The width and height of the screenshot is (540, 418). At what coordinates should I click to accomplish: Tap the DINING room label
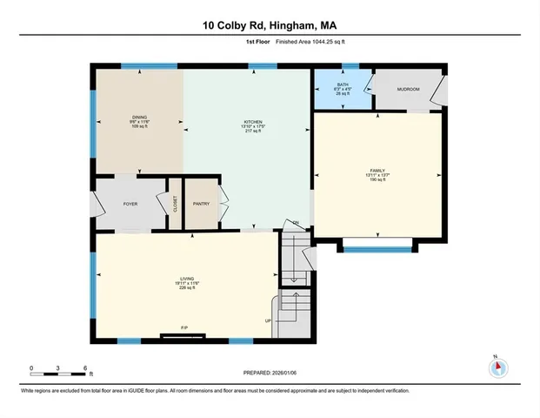[x=139, y=118]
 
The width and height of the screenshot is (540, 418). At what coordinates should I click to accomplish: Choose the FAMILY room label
[x=377, y=171]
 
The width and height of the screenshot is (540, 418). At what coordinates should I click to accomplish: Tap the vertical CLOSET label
[x=175, y=206]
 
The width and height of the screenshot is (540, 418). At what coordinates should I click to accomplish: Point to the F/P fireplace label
[x=183, y=327]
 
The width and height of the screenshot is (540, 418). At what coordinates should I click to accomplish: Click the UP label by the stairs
[x=268, y=320]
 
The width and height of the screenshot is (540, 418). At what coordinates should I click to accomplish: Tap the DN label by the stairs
[x=296, y=223]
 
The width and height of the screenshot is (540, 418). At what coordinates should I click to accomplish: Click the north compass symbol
[x=498, y=367]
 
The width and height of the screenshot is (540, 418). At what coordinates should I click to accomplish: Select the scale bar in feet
[x=58, y=374]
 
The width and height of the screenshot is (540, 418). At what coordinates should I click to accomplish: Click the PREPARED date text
[x=270, y=372]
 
